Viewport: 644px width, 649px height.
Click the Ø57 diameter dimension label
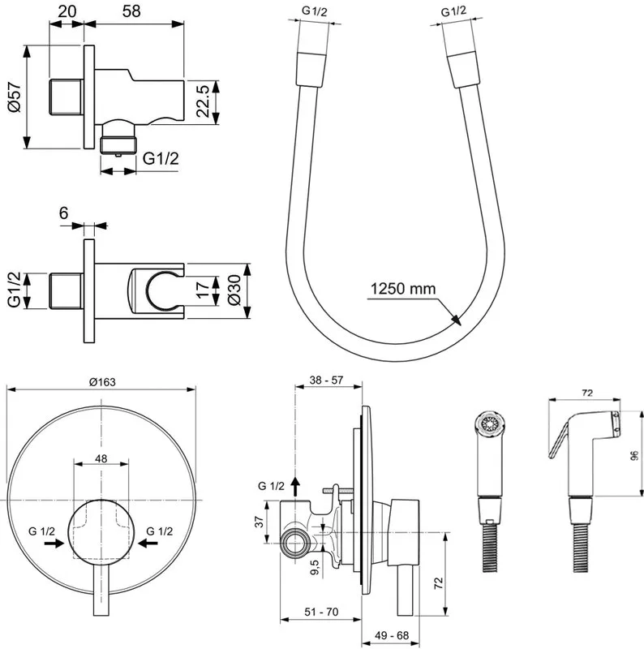pyautogui.click(x=14, y=97)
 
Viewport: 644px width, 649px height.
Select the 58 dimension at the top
pyautogui.click(x=131, y=11)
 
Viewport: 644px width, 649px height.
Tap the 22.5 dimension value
pyautogui.click(x=204, y=102)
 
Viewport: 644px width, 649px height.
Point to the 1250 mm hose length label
pyautogui.click(x=403, y=288)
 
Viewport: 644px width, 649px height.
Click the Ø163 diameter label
pyautogui.click(x=102, y=382)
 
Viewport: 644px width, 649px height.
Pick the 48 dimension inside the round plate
pyautogui.click(x=101, y=458)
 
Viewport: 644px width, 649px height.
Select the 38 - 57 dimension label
pyautogui.click(x=326, y=380)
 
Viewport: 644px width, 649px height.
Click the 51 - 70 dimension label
pyautogui.click(x=321, y=612)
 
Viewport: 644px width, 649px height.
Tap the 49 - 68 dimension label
pyautogui.click(x=392, y=635)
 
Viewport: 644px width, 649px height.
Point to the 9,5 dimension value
pyautogui.click(x=314, y=567)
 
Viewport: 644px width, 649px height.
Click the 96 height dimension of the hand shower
pyautogui.click(x=635, y=455)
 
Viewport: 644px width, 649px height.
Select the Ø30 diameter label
pyautogui.click(x=234, y=290)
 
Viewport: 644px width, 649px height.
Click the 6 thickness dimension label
pyautogui.click(x=63, y=213)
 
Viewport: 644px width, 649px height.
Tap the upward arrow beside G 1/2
pyautogui.click(x=294, y=486)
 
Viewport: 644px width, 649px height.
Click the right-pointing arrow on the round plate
pyautogui.click(x=54, y=544)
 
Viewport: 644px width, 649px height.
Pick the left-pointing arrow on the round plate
pyautogui.click(x=148, y=544)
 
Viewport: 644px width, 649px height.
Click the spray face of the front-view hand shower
pyautogui.click(x=490, y=424)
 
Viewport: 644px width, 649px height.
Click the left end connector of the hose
pyautogui.click(x=311, y=68)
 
